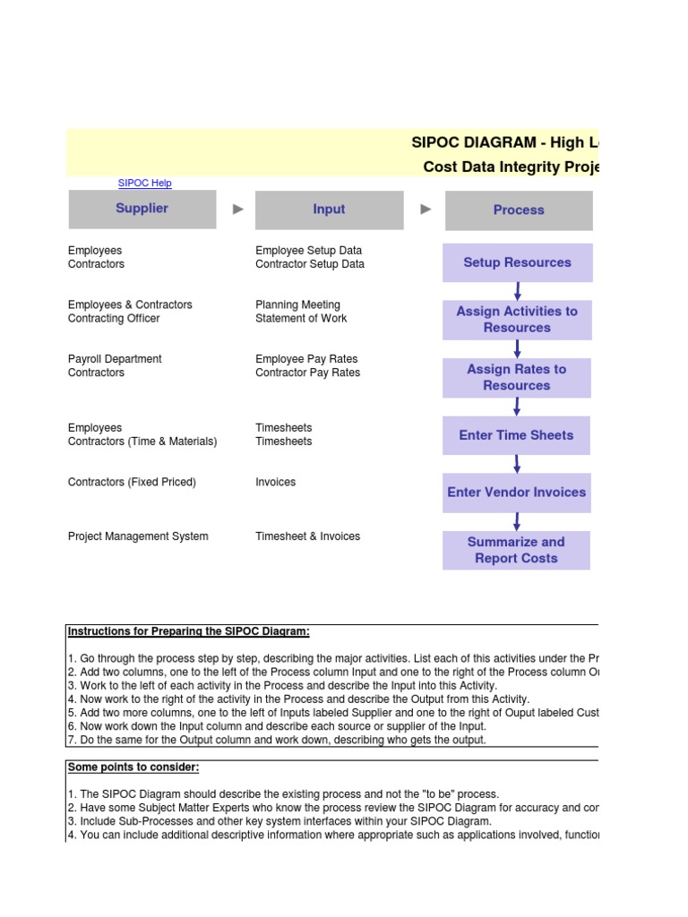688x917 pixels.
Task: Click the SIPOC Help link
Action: pyautogui.click(x=144, y=184)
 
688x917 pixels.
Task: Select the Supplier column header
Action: pyautogui.click(x=142, y=209)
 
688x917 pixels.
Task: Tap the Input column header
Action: pyautogui.click(x=329, y=210)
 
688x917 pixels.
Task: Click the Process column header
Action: pyautogui.click(x=518, y=210)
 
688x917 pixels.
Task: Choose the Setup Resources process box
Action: pyautogui.click(x=517, y=262)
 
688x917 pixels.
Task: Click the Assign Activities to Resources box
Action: pyautogui.click(x=517, y=320)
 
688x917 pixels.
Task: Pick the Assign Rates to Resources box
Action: pyautogui.click(x=517, y=377)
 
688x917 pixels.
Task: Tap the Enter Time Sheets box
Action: pyautogui.click(x=516, y=435)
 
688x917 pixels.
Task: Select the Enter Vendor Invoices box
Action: pyautogui.click(x=516, y=493)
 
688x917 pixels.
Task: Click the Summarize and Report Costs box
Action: pyautogui.click(x=516, y=550)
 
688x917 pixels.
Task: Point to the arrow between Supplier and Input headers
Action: pyautogui.click(x=237, y=210)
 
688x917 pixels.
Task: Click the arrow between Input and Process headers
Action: pyautogui.click(x=426, y=210)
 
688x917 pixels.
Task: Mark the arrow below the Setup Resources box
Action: pyautogui.click(x=517, y=291)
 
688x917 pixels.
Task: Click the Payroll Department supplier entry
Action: pyautogui.click(x=115, y=359)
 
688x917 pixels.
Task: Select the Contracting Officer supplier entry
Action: pyautogui.click(x=114, y=319)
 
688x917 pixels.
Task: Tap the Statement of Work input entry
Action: pyautogui.click(x=301, y=319)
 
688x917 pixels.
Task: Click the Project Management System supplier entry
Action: pyautogui.click(x=138, y=536)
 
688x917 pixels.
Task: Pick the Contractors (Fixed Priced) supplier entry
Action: pyautogui.click(x=132, y=482)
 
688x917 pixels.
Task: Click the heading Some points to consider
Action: pyautogui.click(x=133, y=767)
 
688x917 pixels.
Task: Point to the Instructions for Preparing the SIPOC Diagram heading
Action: pyautogui.click(x=189, y=631)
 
